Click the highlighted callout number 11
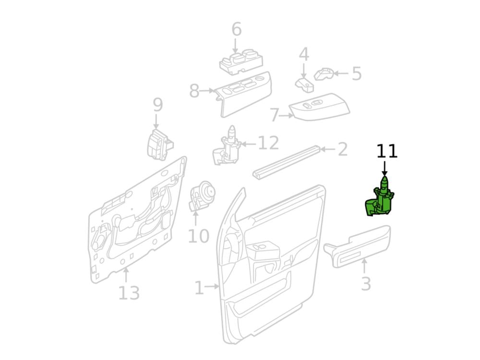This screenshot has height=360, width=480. [x=386, y=151]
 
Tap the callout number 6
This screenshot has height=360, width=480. [x=236, y=29]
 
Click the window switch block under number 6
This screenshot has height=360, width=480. [x=241, y=62]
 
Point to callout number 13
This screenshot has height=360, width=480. [x=129, y=293]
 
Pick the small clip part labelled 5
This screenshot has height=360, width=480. [x=324, y=74]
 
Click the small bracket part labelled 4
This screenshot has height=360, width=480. [x=305, y=84]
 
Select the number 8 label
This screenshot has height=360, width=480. [x=194, y=91]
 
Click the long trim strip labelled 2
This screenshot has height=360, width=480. [x=287, y=162]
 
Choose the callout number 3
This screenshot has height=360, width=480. [x=366, y=284]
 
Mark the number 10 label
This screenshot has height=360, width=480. [x=198, y=236]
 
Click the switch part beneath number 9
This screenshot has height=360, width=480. [x=160, y=144]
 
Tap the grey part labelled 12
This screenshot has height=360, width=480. [x=227, y=146]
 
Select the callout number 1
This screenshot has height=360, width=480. [x=199, y=288]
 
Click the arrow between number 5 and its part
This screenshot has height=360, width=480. [x=341, y=73]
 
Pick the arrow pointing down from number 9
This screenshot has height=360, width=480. [x=156, y=121]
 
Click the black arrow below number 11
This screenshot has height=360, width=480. [x=385, y=168]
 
